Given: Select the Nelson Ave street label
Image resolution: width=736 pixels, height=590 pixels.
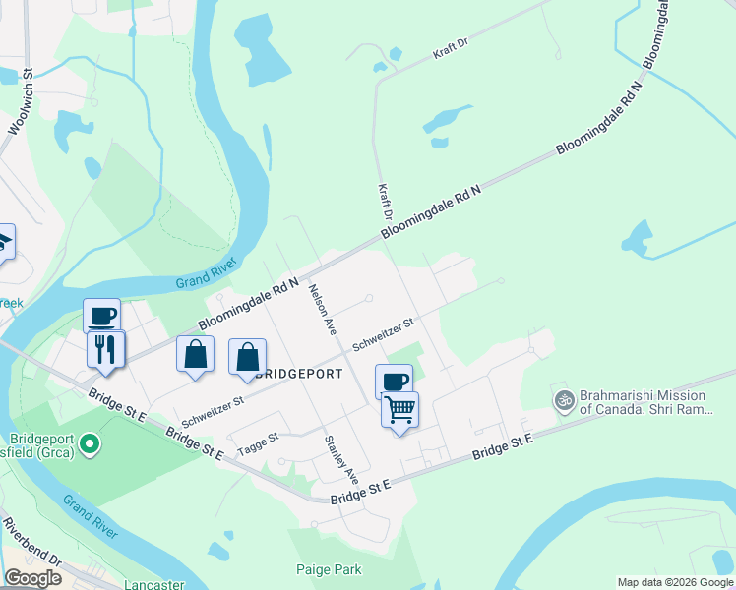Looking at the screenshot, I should click(322, 310).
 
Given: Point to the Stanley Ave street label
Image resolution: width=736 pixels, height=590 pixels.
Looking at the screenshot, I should click(341, 455).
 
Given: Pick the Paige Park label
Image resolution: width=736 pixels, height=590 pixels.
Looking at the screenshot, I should click(329, 569).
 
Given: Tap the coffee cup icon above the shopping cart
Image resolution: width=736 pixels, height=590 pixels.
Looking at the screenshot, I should click(394, 381).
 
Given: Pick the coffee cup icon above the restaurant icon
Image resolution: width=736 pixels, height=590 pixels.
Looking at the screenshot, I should click(101, 315).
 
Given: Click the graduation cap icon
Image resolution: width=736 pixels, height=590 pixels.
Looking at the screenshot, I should click(3, 241).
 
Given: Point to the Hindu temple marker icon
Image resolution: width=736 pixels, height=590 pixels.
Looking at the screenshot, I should click(564, 400).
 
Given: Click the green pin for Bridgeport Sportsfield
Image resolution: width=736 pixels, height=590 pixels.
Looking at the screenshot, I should click(91, 446).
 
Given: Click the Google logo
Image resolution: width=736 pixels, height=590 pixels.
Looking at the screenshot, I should click(31, 578).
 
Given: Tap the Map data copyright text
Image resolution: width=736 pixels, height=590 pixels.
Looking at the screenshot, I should click(674, 582).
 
